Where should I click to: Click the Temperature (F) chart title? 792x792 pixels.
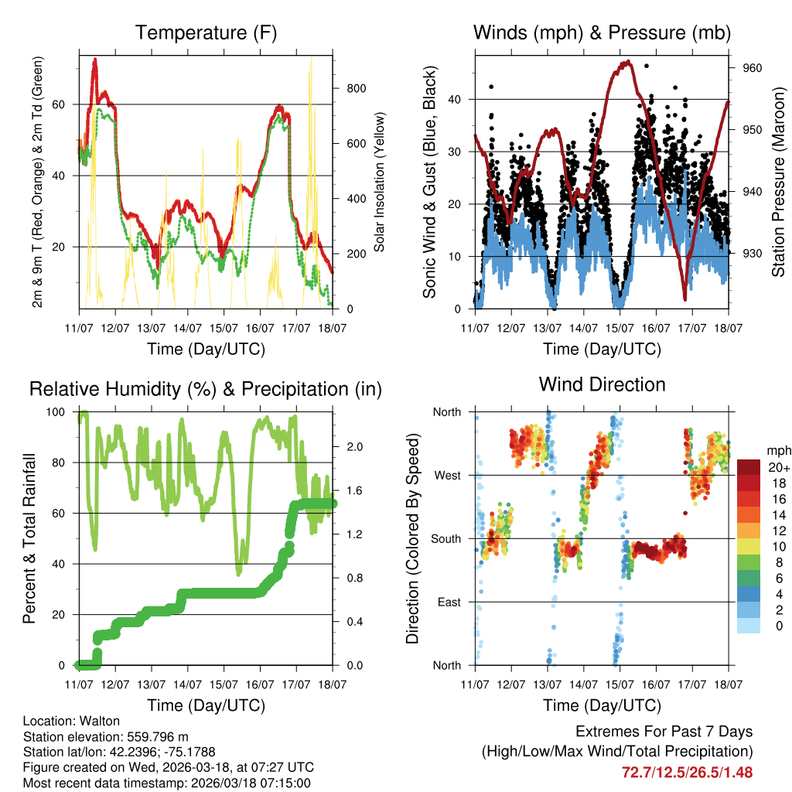[205, 33]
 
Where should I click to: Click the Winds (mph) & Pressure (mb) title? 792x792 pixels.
[602, 33]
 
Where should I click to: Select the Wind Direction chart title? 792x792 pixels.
[602, 384]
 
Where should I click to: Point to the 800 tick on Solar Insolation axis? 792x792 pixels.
[356, 88]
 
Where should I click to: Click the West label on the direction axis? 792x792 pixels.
[447, 475]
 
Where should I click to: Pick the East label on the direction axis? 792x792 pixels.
[448, 602]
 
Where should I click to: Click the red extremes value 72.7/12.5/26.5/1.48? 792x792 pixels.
[687, 772]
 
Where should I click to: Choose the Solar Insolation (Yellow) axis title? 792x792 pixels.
[379, 182]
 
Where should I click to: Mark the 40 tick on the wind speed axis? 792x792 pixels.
[456, 99]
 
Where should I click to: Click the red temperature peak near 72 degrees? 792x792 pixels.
[95, 60]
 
